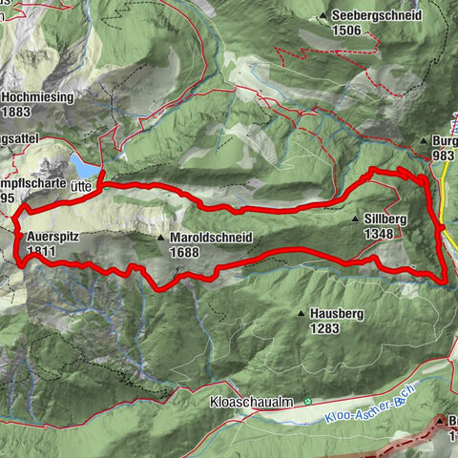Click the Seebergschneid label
(x=378, y=16)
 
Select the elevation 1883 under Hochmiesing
(x=18, y=111)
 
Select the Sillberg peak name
(x=385, y=219)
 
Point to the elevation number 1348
(x=380, y=232)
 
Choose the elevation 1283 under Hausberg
(x=324, y=327)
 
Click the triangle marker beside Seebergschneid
(x=325, y=16)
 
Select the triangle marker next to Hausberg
(x=302, y=314)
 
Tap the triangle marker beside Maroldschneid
(x=162, y=238)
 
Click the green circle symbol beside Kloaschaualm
(x=307, y=403)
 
